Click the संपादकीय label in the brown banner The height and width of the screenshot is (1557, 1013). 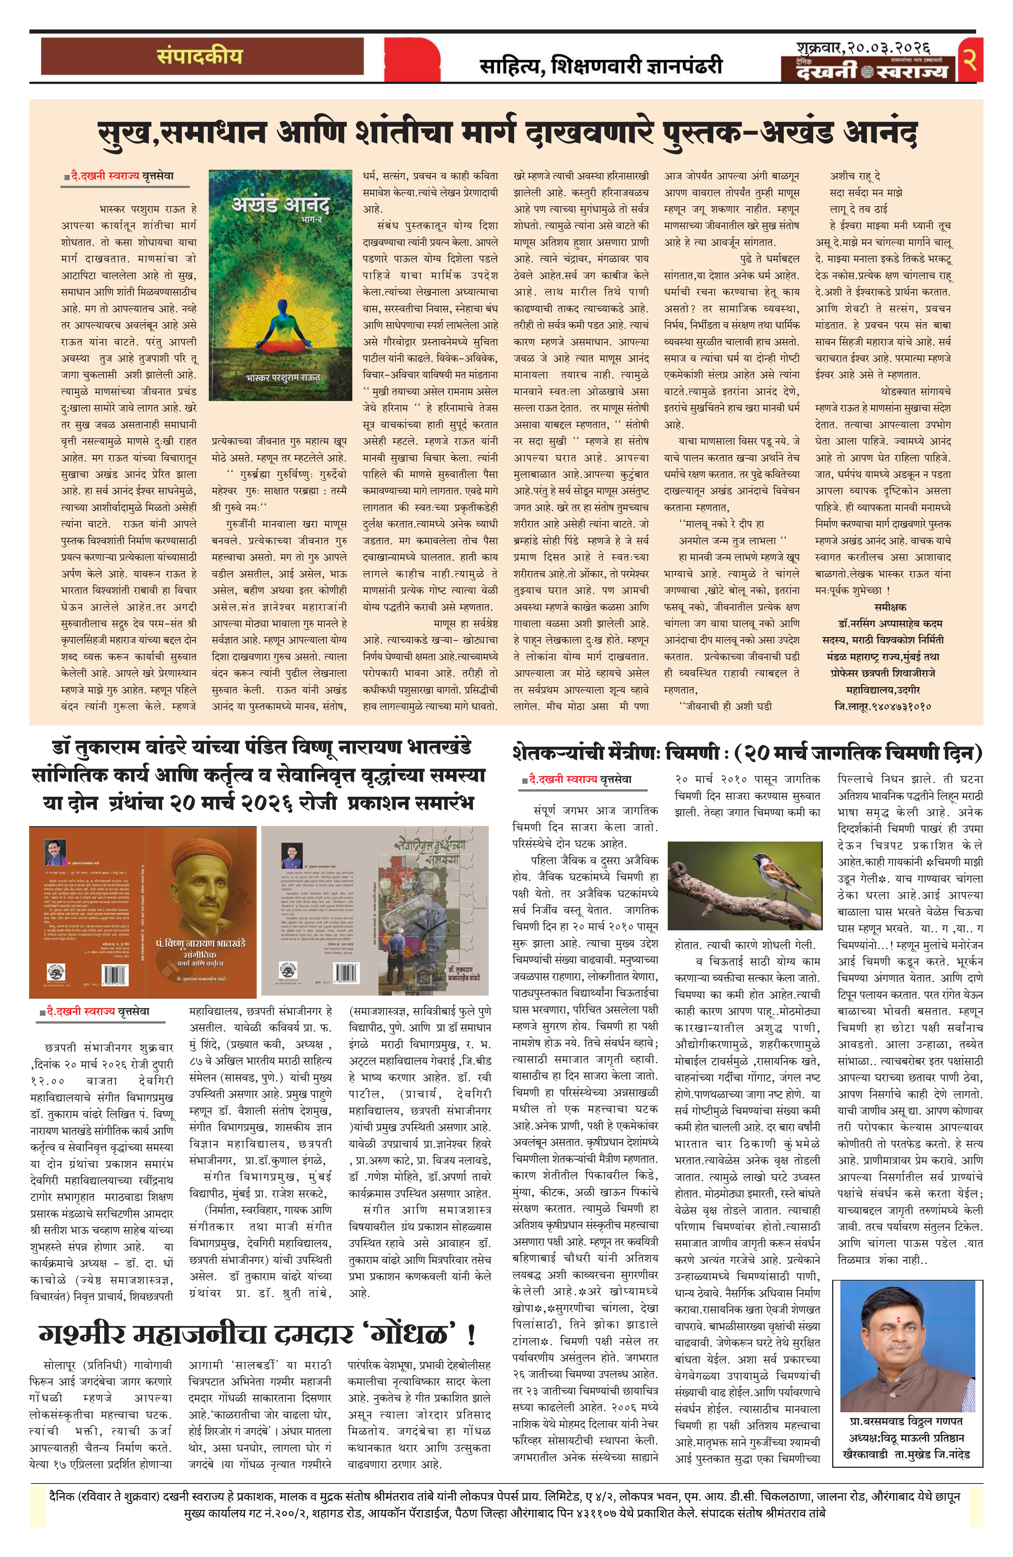click(x=199, y=56)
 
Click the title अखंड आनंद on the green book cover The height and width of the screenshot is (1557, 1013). click(x=280, y=206)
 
